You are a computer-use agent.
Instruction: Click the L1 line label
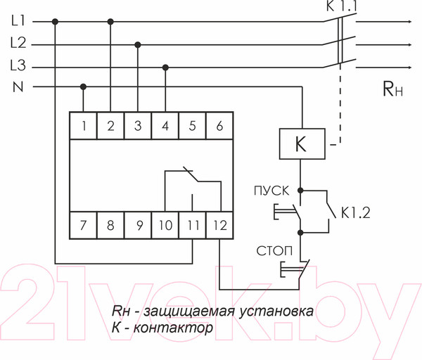(x=19, y=21)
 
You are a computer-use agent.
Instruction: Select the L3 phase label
(x=19, y=66)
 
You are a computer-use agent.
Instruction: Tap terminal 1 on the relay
(x=84, y=126)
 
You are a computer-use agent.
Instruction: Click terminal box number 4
(x=165, y=126)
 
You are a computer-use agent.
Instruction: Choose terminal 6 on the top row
(x=219, y=126)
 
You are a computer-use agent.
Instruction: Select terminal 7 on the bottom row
(x=84, y=226)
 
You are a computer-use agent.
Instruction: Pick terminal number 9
(x=139, y=226)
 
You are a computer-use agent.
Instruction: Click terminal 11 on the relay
(x=193, y=226)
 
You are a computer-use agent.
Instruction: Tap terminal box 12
(x=219, y=226)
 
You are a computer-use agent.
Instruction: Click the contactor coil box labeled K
(x=301, y=144)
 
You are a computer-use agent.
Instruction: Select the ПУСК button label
(x=269, y=191)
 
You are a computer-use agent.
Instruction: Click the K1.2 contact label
(x=356, y=211)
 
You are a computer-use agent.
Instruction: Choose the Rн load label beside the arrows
(x=392, y=88)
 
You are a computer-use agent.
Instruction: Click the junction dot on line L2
(x=138, y=44)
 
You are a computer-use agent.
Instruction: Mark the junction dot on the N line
(x=84, y=87)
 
